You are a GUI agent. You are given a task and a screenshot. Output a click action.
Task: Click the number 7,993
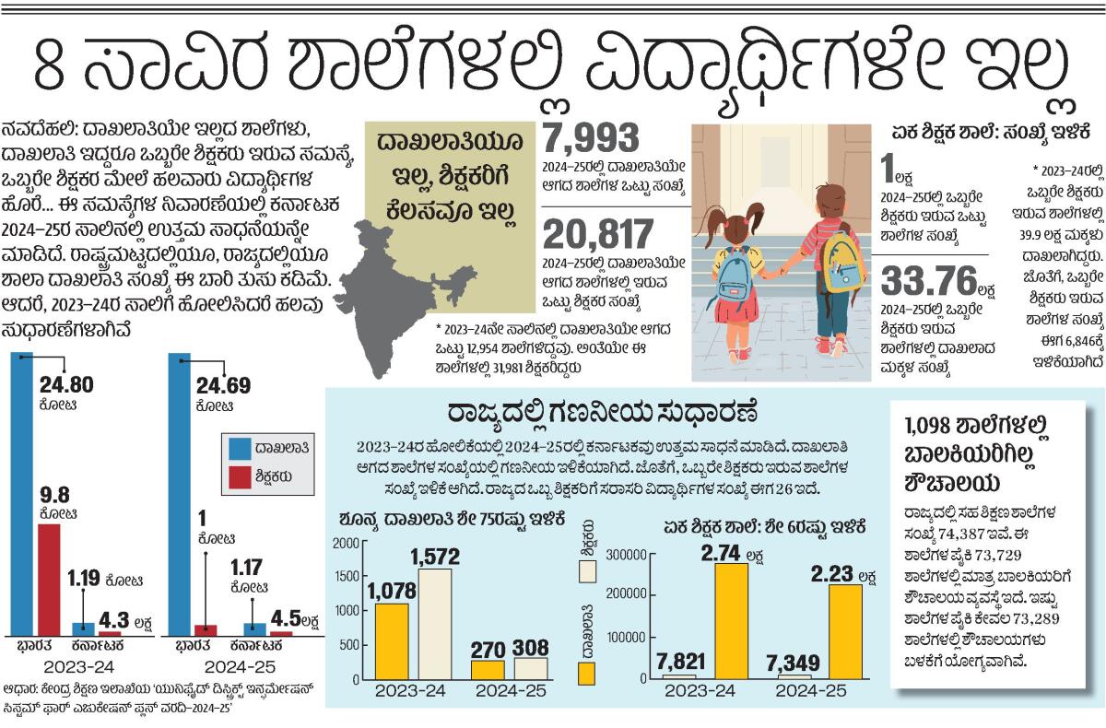pos(591,139)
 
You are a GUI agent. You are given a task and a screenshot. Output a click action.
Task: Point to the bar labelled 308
pos(530,667)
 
